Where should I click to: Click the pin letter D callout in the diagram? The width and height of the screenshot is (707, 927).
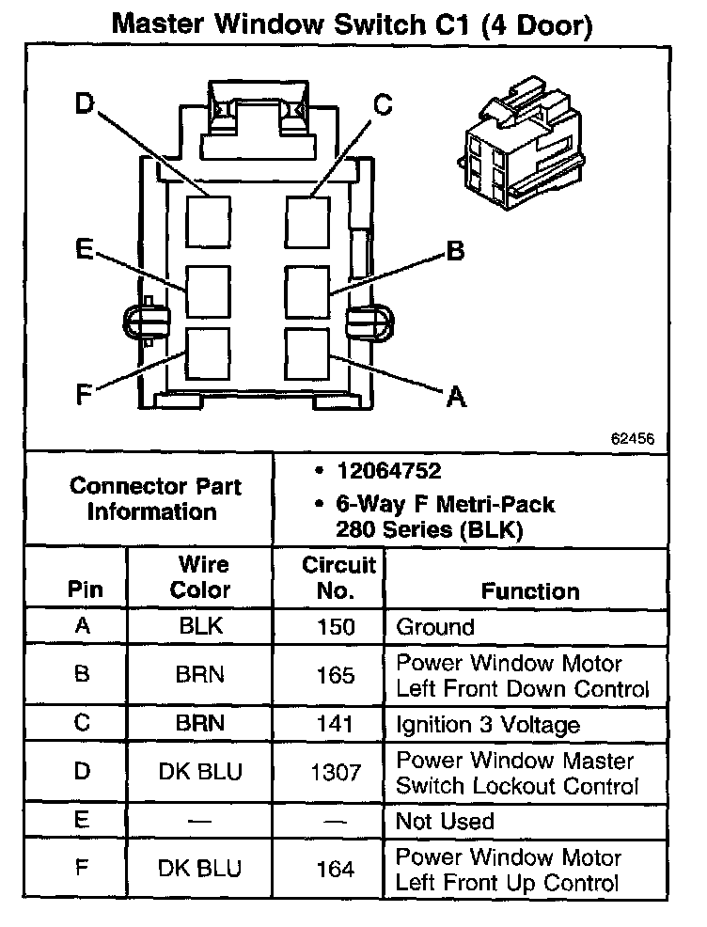point(84,103)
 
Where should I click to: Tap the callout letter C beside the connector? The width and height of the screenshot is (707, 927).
point(382,104)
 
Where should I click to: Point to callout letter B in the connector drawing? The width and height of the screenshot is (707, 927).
point(454,251)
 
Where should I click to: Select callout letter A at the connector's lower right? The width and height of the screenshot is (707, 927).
point(456,398)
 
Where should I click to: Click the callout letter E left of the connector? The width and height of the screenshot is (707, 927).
point(84,249)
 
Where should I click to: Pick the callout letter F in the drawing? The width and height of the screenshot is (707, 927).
point(84,395)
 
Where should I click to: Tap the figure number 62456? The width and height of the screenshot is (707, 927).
point(633,439)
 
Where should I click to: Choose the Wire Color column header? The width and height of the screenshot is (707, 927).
point(199,577)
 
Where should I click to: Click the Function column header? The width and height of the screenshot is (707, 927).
point(530,590)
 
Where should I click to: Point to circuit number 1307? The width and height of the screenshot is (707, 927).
point(335,773)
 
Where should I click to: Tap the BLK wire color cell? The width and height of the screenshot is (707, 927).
point(199,626)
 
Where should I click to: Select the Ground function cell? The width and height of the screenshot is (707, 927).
point(435,627)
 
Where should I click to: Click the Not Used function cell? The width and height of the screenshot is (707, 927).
point(445,821)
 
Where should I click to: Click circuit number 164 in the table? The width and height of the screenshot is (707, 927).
point(335,870)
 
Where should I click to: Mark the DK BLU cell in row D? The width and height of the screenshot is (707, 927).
point(199,773)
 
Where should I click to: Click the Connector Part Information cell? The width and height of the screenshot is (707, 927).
point(155,499)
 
